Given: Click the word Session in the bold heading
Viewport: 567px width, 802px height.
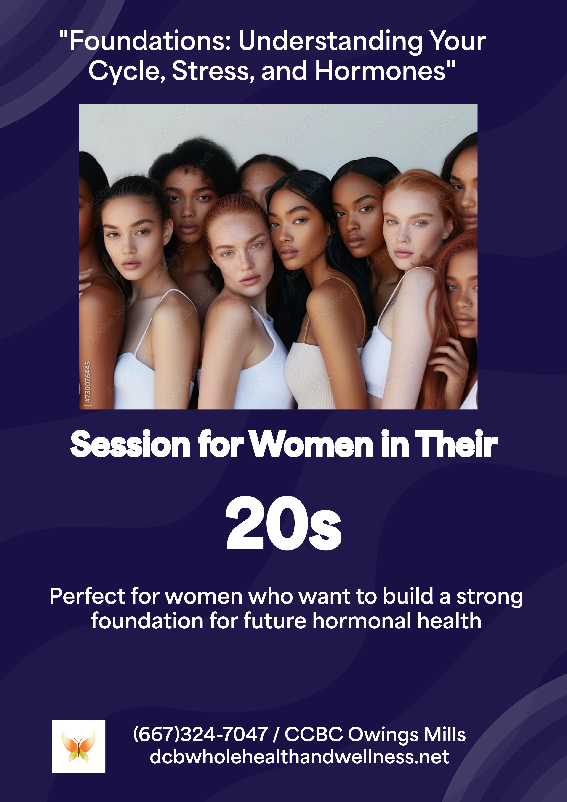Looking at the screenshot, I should click(x=130, y=444).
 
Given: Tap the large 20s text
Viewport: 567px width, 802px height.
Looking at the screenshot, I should click(x=283, y=523).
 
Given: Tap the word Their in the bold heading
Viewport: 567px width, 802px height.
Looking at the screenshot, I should click(x=456, y=444).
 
